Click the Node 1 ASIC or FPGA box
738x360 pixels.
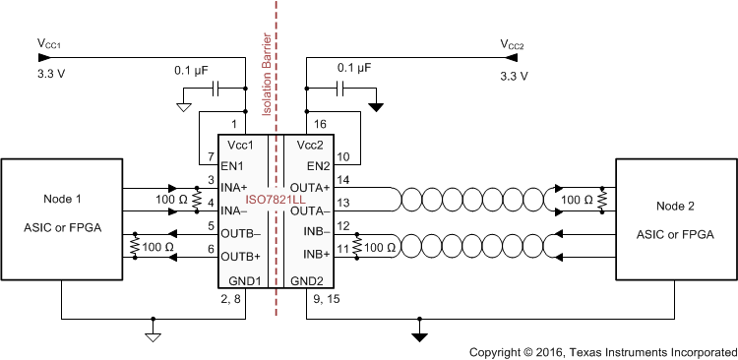(x=61, y=218)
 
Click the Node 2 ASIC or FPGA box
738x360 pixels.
(x=675, y=218)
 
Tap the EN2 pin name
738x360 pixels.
(x=319, y=165)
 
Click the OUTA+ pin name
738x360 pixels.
(x=308, y=187)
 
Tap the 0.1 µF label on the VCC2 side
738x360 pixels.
(x=356, y=69)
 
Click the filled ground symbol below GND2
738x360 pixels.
(x=420, y=335)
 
